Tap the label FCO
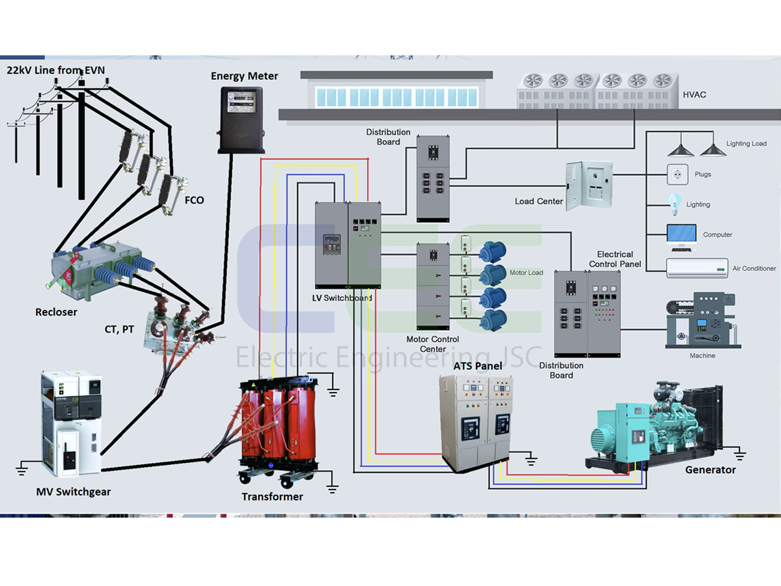(194, 200)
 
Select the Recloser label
(56, 312)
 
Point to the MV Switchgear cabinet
(71, 423)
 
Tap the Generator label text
(710, 469)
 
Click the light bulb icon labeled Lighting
(674, 204)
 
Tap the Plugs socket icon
(677, 174)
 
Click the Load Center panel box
(589, 185)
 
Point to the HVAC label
(694, 94)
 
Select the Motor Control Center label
(432, 344)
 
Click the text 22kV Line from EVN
(55, 70)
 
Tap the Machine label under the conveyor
(702, 356)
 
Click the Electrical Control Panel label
(614, 258)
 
